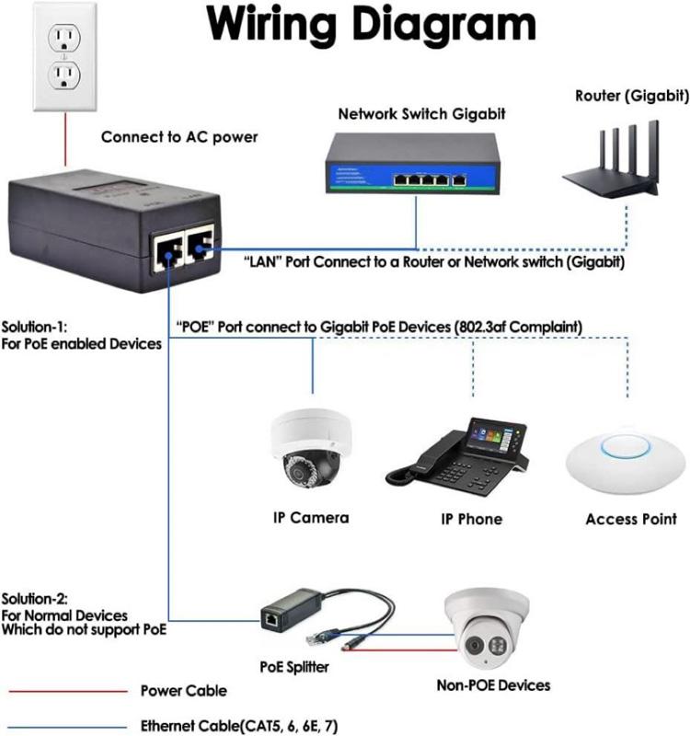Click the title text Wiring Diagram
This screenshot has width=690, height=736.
tap(371, 29)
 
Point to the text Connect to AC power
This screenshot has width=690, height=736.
tap(179, 138)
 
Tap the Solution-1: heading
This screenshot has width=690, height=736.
tap(35, 328)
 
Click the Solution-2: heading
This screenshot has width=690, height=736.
tap(35, 599)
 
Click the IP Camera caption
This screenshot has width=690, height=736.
tap(311, 517)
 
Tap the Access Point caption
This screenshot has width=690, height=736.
tap(631, 519)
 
